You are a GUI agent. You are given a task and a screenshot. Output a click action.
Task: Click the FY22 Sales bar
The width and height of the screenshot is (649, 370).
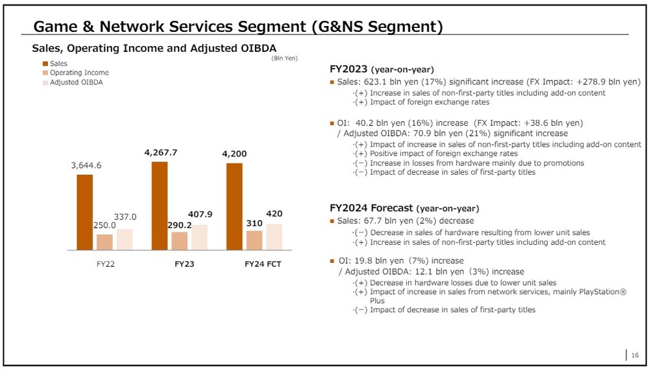[x=84, y=212]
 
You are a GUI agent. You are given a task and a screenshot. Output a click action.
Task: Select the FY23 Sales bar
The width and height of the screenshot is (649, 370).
[x=160, y=206]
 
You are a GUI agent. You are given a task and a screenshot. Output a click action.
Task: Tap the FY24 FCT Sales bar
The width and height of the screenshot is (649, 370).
[x=234, y=206]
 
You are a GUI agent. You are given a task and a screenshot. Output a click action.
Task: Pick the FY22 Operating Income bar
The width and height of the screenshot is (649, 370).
[x=104, y=242]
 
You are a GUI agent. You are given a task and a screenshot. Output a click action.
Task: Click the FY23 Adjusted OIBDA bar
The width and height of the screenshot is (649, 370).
[x=199, y=238]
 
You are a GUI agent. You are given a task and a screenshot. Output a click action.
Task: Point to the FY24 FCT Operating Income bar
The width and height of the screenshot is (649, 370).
[x=254, y=240]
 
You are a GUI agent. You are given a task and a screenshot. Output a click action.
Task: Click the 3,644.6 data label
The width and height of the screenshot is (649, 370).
[x=86, y=166]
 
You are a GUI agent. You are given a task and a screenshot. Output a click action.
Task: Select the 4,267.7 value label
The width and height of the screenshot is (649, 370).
[x=160, y=153]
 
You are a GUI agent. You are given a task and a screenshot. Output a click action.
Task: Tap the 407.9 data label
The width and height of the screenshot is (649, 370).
[x=199, y=214]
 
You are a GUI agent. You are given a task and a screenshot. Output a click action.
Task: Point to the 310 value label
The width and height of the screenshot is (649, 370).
[x=254, y=223]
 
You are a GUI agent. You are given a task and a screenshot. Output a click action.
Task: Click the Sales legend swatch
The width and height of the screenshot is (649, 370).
[x=45, y=64]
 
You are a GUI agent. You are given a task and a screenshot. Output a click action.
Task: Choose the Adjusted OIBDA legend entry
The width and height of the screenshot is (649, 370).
[x=76, y=82]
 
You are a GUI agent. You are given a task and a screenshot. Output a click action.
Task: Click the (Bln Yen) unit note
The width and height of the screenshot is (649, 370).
[x=284, y=58]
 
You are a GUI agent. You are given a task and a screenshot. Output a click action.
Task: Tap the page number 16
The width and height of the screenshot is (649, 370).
[x=635, y=354]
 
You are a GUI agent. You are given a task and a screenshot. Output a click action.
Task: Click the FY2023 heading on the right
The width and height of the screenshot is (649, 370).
[x=350, y=69]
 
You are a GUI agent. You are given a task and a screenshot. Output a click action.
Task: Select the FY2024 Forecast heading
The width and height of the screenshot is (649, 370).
[x=371, y=208]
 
